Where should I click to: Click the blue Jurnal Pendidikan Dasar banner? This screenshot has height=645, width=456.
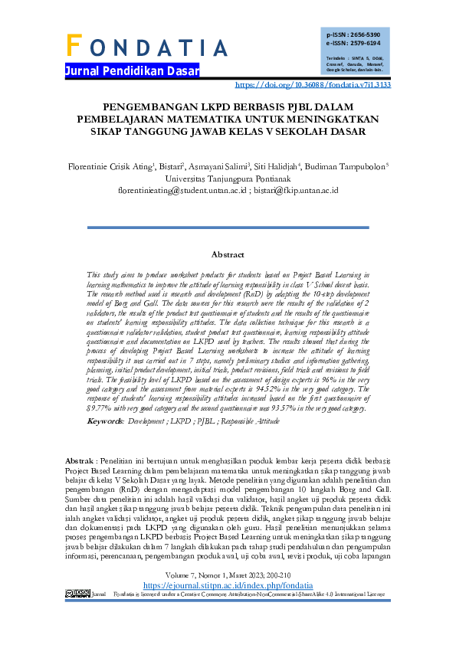(x=133, y=71)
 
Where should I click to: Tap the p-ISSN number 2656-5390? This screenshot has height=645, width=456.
(x=363, y=35)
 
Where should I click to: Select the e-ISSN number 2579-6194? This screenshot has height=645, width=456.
(x=363, y=44)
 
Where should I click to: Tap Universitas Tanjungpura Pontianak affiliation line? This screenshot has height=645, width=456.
(x=228, y=178)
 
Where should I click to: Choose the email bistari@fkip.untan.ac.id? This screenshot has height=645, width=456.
(x=296, y=190)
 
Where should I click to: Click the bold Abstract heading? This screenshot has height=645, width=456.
(x=228, y=254)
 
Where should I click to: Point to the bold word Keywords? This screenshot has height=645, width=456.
(x=105, y=421)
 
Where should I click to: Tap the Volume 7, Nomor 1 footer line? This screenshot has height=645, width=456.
(x=228, y=595)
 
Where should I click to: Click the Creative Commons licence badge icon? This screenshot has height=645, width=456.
(x=77, y=614)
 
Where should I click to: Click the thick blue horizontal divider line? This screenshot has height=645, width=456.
(x=228, y=227)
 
